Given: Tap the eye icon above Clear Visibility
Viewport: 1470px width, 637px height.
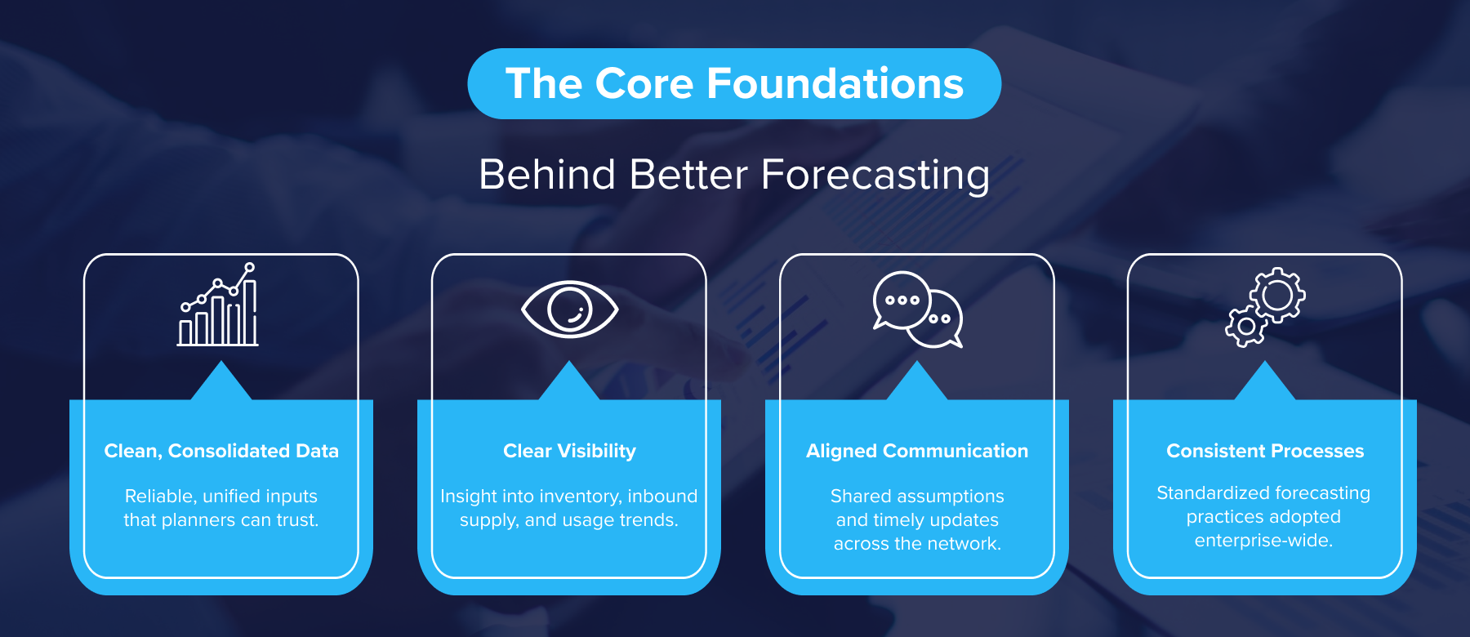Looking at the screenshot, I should click(x=569, y=310).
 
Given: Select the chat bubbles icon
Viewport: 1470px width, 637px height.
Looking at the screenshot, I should click(x=917, y=310).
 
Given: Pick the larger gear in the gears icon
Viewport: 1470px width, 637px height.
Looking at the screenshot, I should click(x=1277, y=295).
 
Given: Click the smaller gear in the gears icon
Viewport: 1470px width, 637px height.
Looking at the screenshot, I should click(x=1245, y=327).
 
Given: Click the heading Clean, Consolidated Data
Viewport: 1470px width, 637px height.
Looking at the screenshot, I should click(x=221, y=451).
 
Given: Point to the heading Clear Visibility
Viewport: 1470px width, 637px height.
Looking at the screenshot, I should click(x=569, y=451).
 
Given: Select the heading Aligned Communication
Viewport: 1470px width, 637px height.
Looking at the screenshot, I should click(x=917, y=451).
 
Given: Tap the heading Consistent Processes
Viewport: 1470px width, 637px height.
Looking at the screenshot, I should click(x=1265, y=451).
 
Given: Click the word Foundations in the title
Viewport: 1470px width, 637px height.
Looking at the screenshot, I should click(x=835, y=84).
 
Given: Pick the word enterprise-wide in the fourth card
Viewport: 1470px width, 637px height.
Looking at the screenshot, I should click(x=1263, y=541).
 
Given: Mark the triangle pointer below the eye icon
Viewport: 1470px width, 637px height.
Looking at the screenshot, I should click(x=569, y=382).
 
